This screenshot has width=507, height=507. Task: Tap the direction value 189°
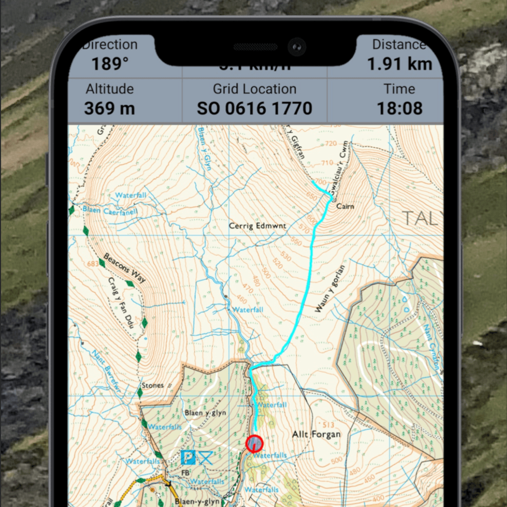110,64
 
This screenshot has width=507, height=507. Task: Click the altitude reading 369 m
109,108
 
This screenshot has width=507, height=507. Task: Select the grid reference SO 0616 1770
254,108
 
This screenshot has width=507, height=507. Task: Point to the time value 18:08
399,108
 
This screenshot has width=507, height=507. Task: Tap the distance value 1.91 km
399,64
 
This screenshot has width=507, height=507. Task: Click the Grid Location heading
254,89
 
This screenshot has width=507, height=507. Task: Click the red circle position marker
254,444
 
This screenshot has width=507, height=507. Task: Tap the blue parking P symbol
188,457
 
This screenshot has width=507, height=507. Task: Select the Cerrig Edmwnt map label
257,226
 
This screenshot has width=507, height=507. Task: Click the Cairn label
345,206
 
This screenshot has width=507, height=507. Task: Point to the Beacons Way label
124,267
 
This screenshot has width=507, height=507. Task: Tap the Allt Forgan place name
316,434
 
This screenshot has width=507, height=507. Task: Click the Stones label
152,385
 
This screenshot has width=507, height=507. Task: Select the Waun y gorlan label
330,289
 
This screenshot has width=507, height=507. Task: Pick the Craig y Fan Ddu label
121,303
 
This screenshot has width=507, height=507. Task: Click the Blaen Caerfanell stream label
110,210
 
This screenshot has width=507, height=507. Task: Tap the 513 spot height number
328,425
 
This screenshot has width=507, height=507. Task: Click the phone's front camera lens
297,46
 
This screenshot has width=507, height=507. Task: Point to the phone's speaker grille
255,46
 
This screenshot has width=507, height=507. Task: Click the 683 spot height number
92,264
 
